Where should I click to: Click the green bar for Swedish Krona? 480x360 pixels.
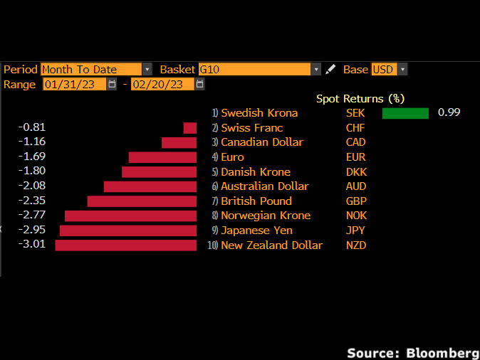(405, 113)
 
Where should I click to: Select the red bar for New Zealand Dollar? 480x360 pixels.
(125, 245)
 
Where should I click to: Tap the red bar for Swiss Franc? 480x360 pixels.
(189, 128)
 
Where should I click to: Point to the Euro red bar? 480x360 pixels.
(162, 157)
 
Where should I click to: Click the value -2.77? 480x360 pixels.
(33, 216)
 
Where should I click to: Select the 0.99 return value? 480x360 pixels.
(449, 113)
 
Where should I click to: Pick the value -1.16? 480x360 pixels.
(33, 142)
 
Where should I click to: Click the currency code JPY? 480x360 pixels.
(355, 231)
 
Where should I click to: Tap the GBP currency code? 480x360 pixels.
(355, 201)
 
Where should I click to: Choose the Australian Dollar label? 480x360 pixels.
(265, 186)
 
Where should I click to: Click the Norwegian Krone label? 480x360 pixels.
(266, 216)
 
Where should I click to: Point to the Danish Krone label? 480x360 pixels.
(256, 172)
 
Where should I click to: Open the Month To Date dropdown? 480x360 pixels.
(96, 69)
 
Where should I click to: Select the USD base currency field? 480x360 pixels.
(389, 69)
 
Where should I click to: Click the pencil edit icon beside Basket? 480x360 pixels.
(330, 69)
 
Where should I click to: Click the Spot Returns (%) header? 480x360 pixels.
(360, 99)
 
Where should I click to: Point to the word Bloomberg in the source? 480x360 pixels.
(442, 352)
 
